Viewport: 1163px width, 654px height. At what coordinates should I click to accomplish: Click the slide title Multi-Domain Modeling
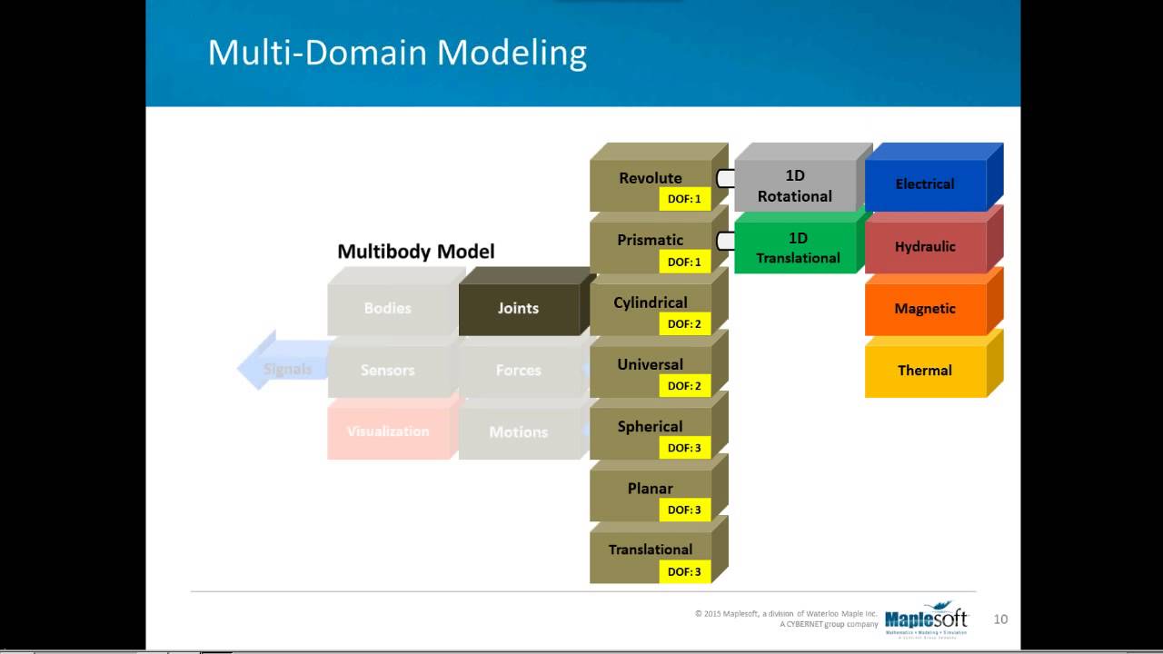tap(397, 53)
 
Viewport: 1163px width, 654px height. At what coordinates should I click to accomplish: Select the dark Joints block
tap(518, 309)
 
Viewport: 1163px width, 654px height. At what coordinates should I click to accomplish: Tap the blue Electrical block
tap(925, 184)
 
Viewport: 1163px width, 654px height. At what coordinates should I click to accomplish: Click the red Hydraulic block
tap(925, 246)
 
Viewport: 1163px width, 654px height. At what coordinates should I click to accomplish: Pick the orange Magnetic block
tap(925, 309)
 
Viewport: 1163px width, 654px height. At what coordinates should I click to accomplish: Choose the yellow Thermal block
tap(925, 371)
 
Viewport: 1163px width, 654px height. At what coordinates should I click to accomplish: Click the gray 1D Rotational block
tap(795, 185)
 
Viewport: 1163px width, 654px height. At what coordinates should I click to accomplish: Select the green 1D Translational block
tap(798, 248)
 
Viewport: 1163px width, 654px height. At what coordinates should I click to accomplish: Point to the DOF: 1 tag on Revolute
tap(684, 199)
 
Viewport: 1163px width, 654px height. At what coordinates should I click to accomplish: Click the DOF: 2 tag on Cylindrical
tap(684, 323)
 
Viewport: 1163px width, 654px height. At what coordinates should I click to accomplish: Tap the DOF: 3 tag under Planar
tap(684, 510)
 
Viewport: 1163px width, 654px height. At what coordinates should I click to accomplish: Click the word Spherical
tap(650, 426)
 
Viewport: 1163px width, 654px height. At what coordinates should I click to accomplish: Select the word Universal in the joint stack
tap(650, 364)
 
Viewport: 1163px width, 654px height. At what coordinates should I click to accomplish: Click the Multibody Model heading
tap(416, 252)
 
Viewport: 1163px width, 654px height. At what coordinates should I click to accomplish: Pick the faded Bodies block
tap(388, 309)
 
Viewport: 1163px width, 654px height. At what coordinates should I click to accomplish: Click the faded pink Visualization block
tap(388, 431)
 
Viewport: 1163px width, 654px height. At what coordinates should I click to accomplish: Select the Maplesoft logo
tap(926, 619)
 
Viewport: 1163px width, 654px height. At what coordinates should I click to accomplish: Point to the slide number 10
tap(1000, 619)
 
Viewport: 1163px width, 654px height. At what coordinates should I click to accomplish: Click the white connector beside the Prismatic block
tap(725, 241)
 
